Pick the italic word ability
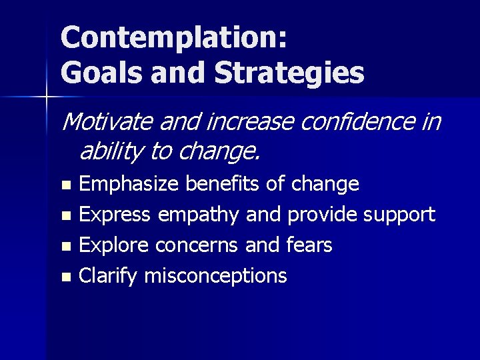(x=109, y=153)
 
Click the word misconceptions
(x=215, y=276)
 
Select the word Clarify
(x=107, y=276)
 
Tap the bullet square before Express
(x=65, y=216)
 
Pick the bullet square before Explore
(x=65, y=247)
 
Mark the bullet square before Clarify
(x=65, y=277)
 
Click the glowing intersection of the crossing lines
(x=47, y=97)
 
